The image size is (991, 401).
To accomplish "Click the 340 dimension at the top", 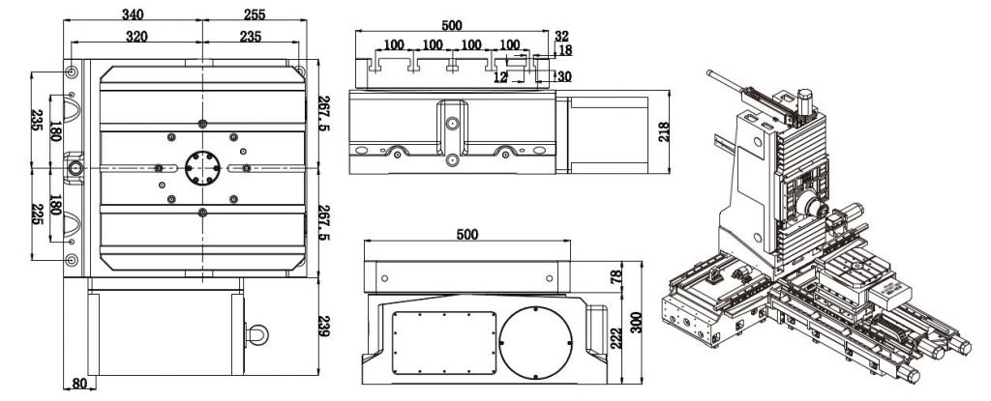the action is (133, 14).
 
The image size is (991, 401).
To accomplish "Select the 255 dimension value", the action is (255, 14).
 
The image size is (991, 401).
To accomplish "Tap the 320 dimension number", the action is (136, 36).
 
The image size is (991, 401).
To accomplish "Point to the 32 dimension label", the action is (561, 36).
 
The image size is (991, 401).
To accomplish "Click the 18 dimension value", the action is (565, 50).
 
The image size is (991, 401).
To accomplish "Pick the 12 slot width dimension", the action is (500, 77).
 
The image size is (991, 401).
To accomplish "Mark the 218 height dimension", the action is (664, 132).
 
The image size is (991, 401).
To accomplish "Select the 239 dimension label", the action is (323, 326).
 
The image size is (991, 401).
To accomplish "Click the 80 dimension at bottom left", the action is (79, 383).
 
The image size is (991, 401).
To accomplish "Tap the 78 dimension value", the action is (616, 276).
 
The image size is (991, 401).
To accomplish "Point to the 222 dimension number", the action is (616, 338).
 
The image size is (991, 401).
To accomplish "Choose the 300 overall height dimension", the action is (636, 323).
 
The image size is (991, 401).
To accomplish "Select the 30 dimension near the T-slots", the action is (564, 76).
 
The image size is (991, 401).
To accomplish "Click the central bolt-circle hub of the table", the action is (202, 168).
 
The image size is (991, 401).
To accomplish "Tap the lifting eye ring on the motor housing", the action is (258, 334).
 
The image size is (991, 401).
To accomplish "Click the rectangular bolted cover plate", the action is (444, 343).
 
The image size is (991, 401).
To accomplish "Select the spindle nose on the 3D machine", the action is (811, 207).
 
